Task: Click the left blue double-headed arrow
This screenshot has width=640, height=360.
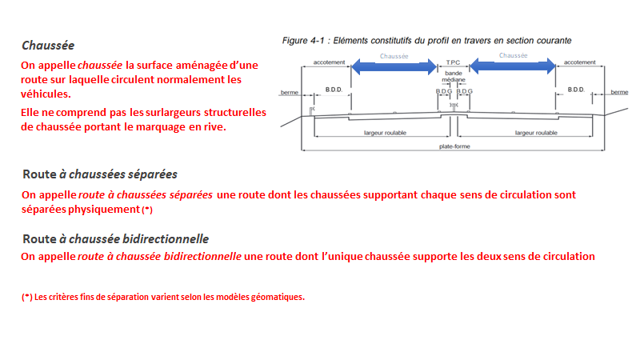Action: [394, 67]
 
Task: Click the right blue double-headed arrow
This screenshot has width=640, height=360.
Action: [513, 67]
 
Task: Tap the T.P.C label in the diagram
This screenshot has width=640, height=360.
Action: [454, 62]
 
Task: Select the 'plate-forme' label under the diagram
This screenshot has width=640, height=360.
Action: [454, 146]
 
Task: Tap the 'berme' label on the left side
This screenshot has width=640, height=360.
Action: [289, 93]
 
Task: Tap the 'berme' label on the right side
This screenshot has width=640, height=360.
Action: [620, 92]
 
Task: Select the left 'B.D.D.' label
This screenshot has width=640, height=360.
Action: [334, 89]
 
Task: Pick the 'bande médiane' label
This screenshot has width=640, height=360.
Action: [454, 78]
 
